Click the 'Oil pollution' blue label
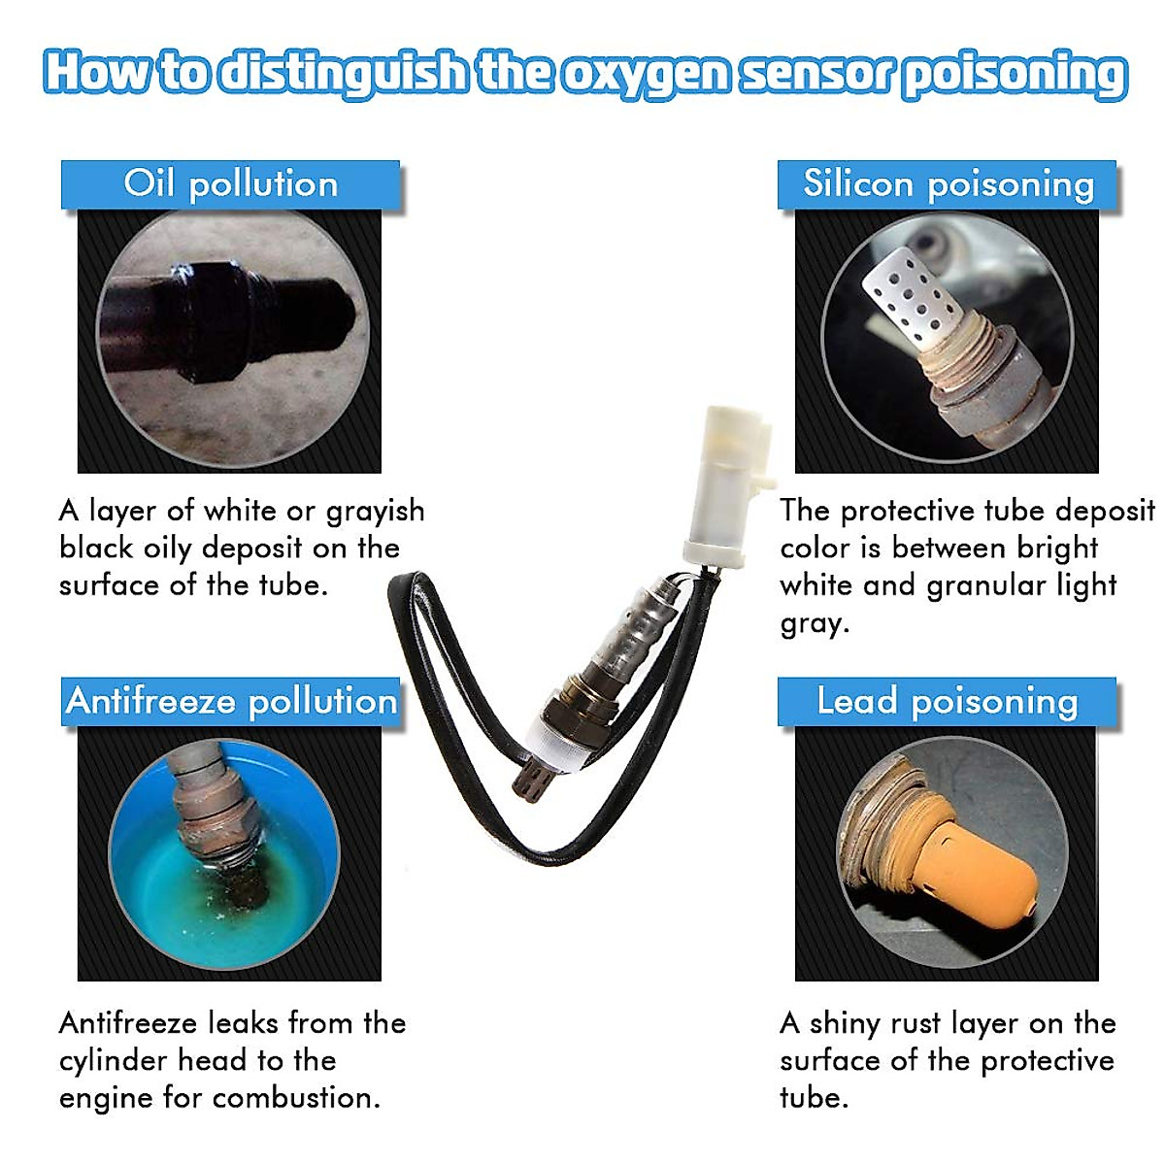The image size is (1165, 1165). tap(230, 184)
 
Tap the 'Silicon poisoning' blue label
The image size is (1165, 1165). tap(948, 184)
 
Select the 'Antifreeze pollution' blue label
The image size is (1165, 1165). tap(231, 701)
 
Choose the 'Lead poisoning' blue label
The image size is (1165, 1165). tap(948, 701)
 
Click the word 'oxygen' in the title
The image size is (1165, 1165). tap(645, 74)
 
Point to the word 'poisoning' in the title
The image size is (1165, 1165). tap(1014, 74)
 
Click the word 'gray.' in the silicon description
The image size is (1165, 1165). tap(815, 623)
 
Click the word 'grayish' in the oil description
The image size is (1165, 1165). tap(375, 512)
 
